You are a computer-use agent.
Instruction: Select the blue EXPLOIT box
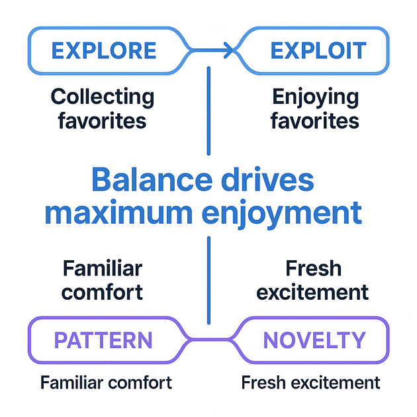318,50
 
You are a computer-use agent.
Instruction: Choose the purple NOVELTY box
314,340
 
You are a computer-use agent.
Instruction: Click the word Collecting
103,97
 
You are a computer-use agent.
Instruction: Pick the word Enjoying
315,97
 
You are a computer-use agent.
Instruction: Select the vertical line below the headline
208,278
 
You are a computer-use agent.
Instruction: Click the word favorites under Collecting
103,122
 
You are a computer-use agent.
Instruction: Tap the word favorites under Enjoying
315,122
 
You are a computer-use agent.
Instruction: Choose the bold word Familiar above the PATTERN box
103,269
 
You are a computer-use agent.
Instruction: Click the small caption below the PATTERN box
106,383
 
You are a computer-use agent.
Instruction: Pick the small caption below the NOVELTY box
311,383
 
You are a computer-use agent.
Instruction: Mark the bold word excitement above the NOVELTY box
312,292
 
